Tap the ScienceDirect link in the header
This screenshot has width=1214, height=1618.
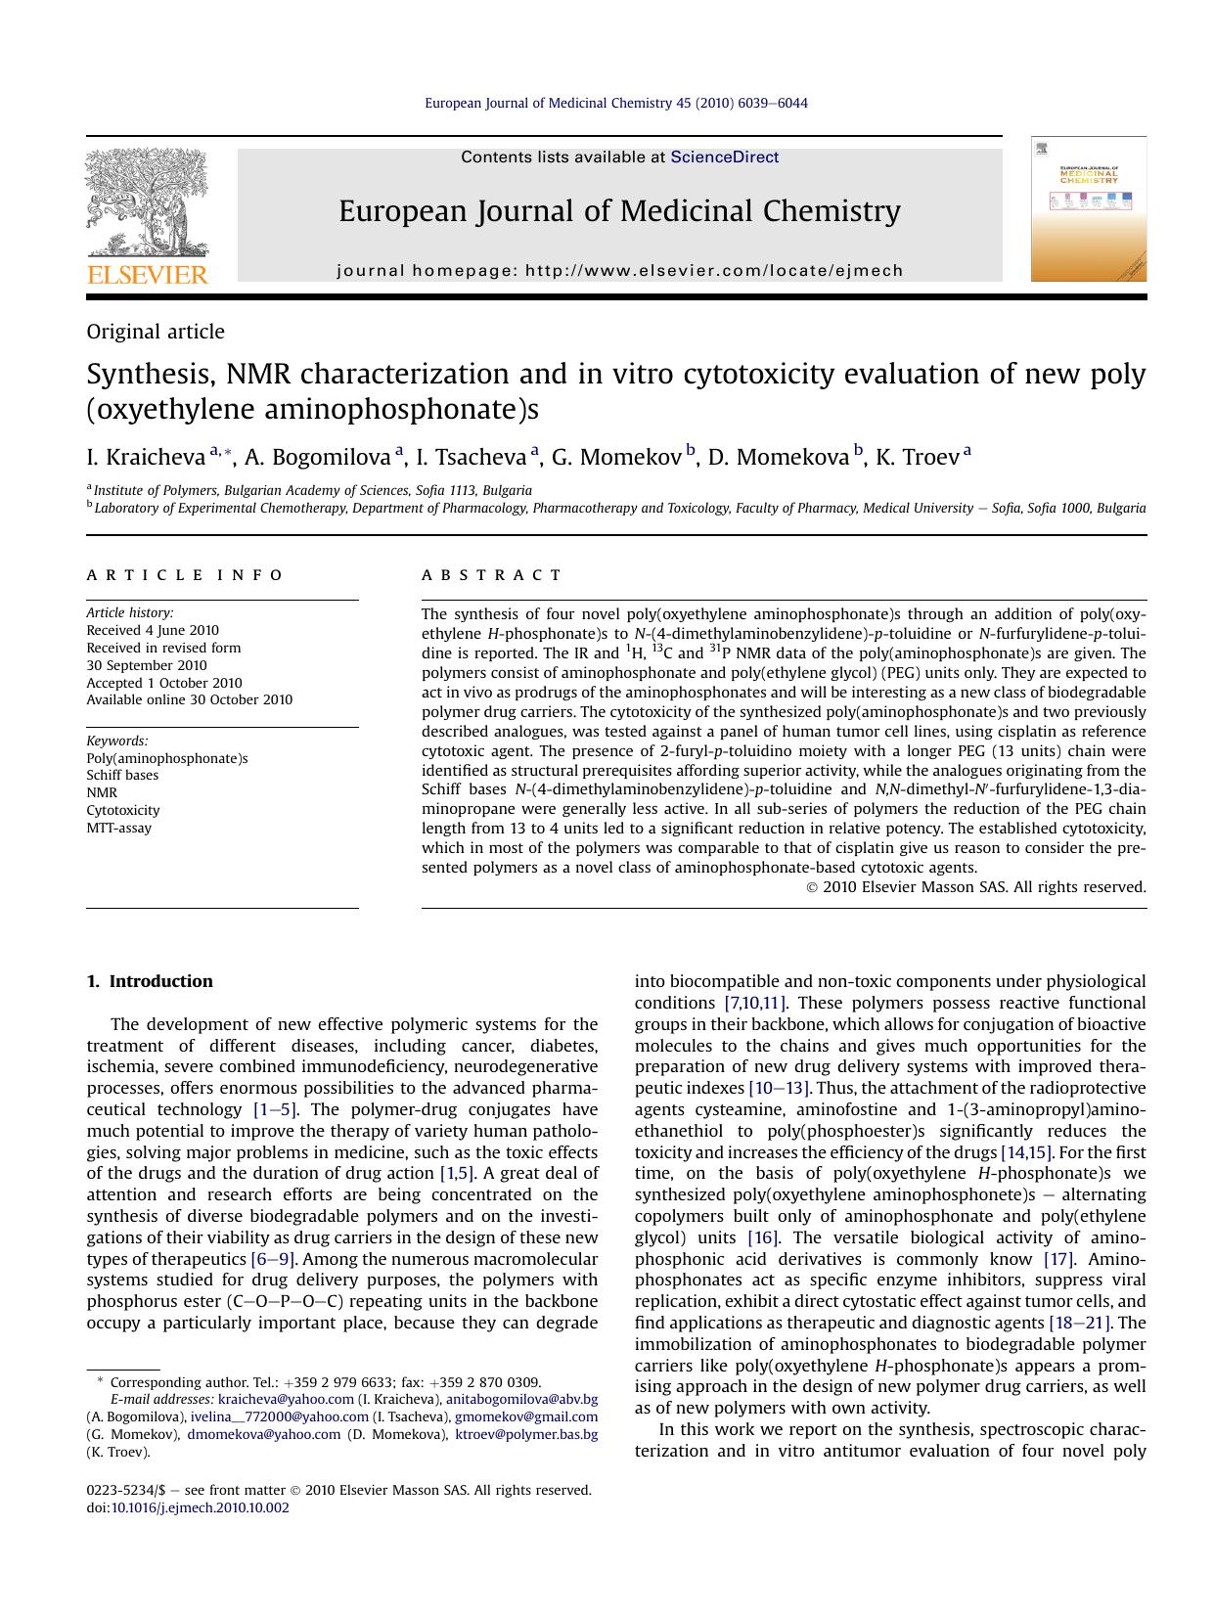[x=724, y=157]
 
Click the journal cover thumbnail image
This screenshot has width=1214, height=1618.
[x=1088, y=209]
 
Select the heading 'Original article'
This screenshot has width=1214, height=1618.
[x=156, y=332]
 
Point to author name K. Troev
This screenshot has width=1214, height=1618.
[x=917, y=457]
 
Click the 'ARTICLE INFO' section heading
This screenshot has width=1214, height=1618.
[x=185, y=575]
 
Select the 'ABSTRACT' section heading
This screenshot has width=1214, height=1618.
[x=492, y=575]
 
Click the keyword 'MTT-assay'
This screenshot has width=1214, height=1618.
[x=119, y=828]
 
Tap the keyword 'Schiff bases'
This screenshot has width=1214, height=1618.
[x=122, y=775]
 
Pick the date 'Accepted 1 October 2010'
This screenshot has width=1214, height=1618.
[x=164, y=683]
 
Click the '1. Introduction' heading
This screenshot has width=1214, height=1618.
[x=150, y=981]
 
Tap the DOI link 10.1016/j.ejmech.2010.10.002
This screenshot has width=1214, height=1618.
[x=200, y=1507]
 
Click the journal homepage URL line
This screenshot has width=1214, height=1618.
[x=620, y=270]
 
